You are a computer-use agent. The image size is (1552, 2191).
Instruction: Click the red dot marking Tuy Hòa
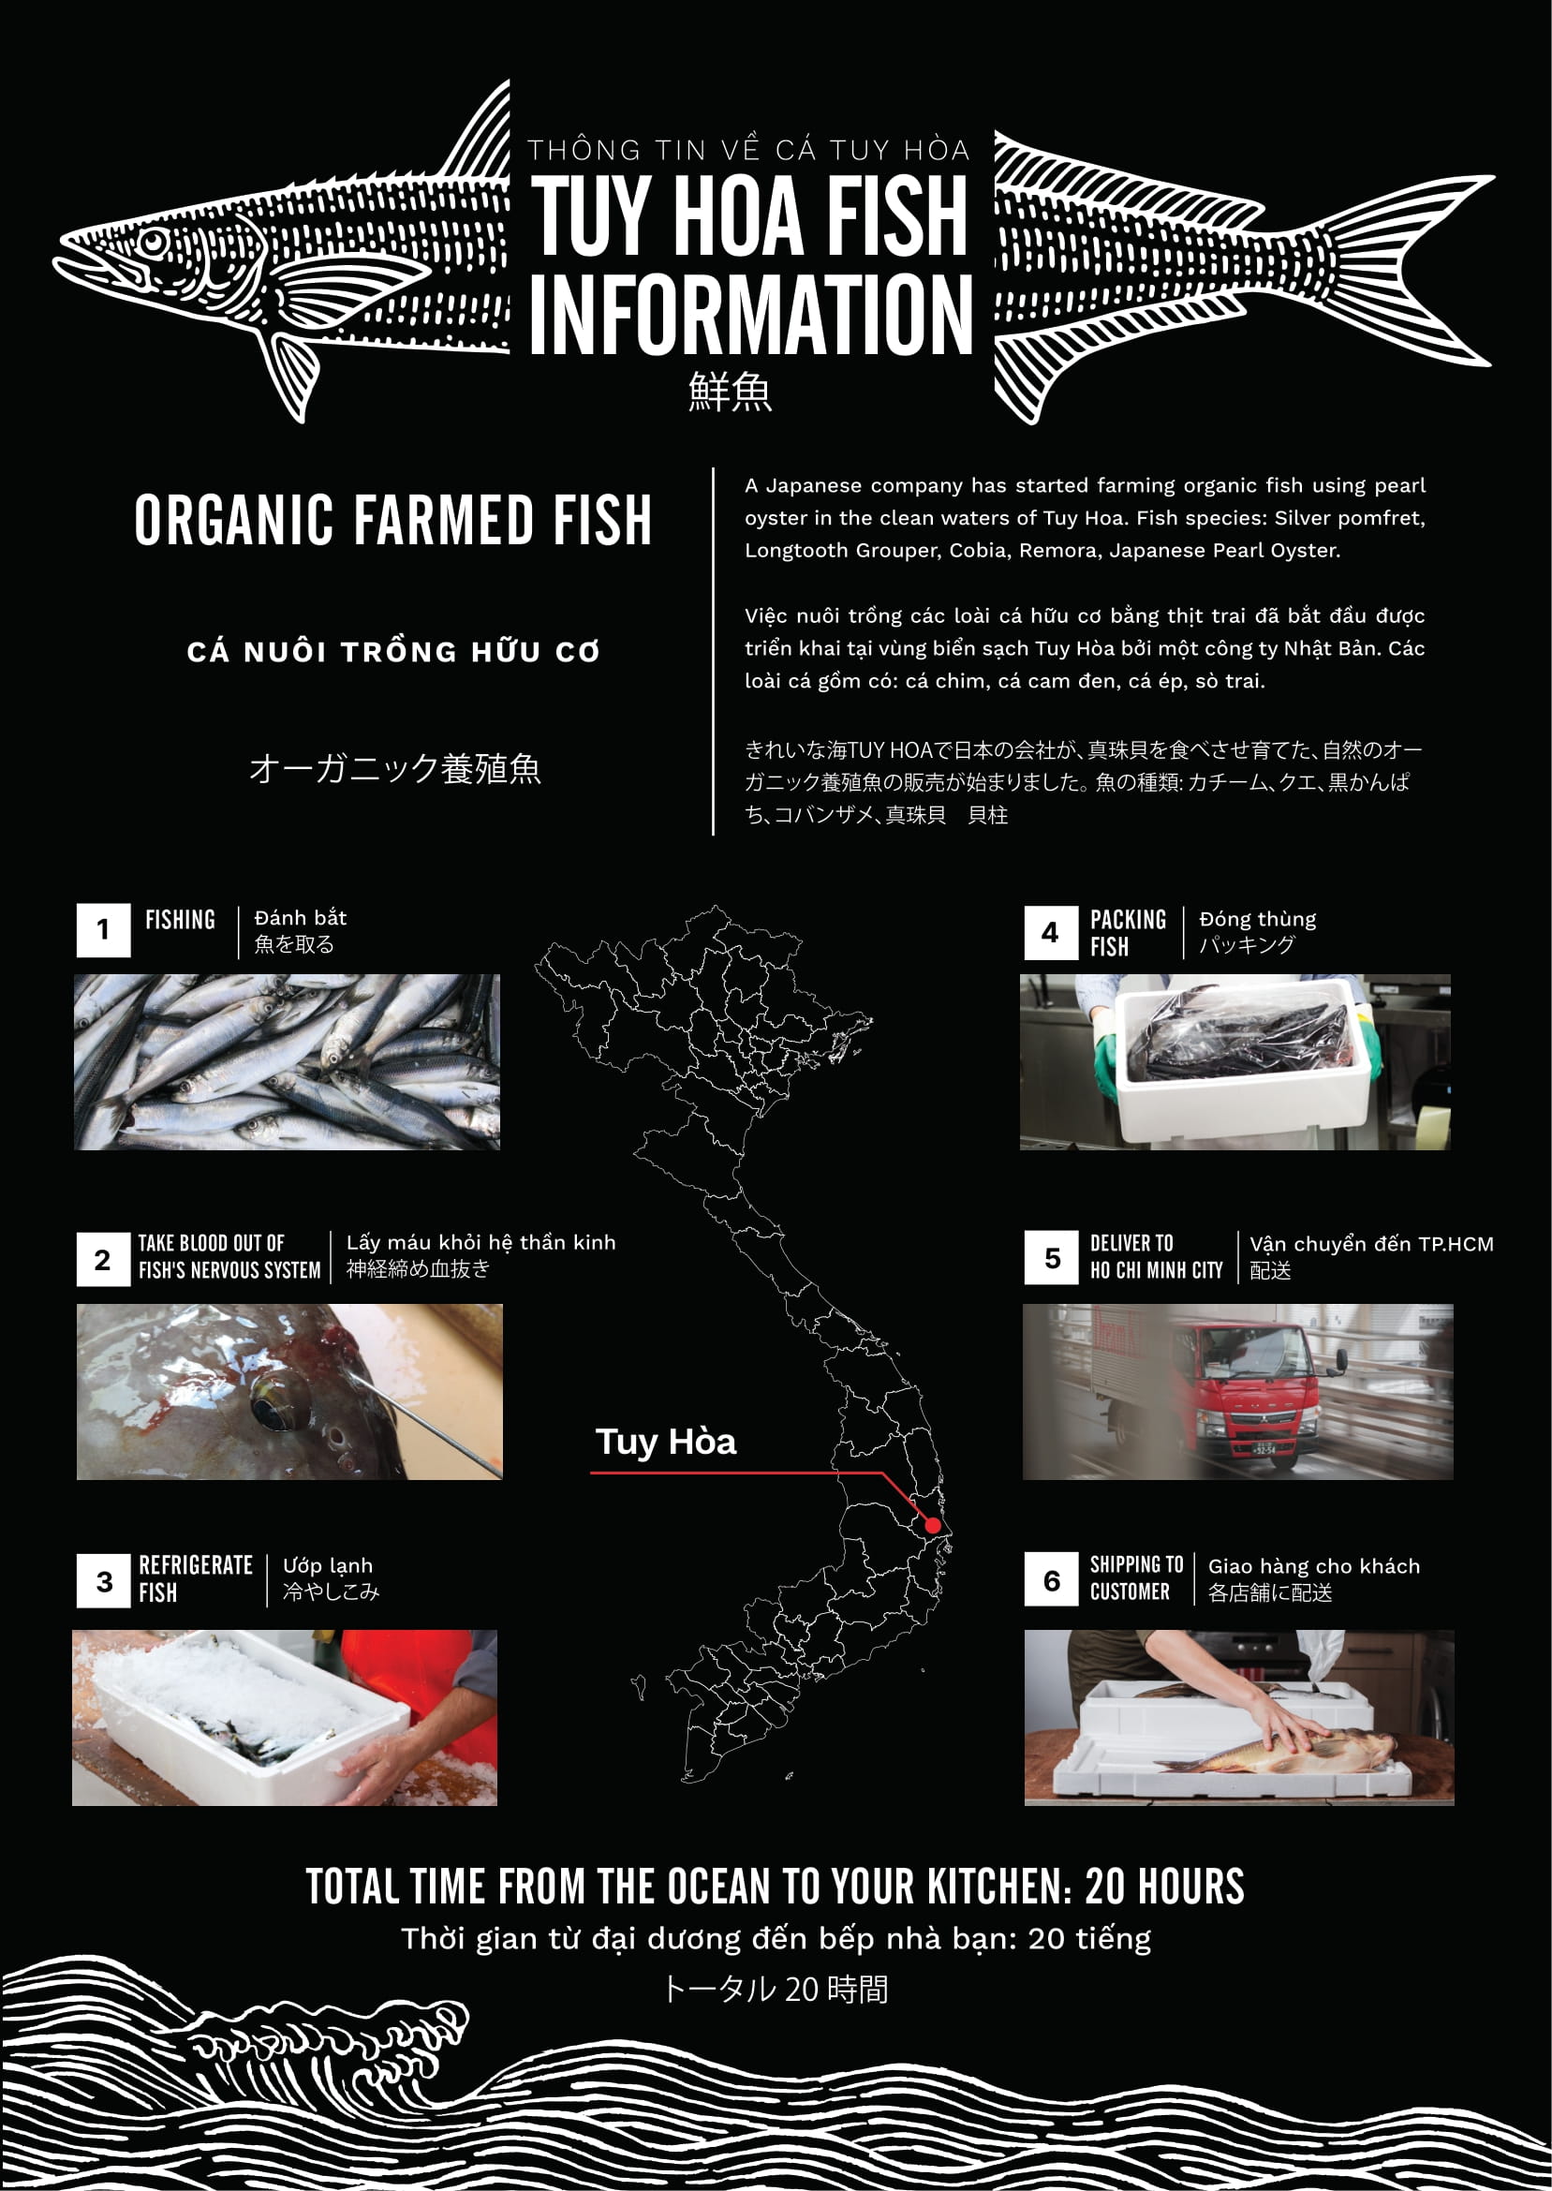coord(933,1526)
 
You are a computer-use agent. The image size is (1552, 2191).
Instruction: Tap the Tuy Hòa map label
coord(666,1442)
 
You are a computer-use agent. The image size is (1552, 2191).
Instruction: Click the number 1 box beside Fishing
coord(103,931)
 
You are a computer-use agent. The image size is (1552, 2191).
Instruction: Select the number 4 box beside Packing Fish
coord(1050,933)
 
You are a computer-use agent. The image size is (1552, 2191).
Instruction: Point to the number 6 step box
coord(1051,1581)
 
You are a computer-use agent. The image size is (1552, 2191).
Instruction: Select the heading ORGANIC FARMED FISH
coord(392,521)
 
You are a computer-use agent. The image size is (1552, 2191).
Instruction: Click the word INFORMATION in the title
coord(751,315)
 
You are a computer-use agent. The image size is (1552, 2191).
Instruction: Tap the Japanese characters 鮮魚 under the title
coord(731,392)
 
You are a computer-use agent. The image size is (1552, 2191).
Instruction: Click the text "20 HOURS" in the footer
coord(1164,1888)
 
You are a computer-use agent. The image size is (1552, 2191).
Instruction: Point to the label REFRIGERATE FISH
coord(195,1579)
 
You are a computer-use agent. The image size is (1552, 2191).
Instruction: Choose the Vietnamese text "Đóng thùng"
coord(1257,919)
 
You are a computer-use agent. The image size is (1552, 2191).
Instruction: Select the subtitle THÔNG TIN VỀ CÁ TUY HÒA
coord(748,150)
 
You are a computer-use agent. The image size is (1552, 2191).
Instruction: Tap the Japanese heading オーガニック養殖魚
coord(394,769)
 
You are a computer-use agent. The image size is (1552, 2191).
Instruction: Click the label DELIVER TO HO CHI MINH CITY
coord(1157,1256)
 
